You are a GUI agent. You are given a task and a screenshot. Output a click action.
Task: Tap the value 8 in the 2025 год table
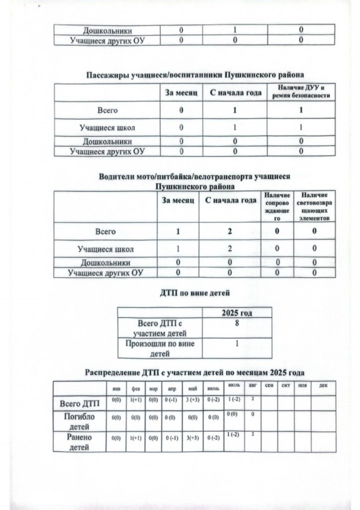click(237, 324)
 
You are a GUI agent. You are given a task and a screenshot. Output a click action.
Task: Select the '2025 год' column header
click(237, 313)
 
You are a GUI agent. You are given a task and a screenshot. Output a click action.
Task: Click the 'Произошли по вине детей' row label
click(160, 348)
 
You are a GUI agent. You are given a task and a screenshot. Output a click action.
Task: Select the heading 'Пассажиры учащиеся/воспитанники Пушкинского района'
click(194, 75)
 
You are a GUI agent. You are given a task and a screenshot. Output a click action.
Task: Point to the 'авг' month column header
click(253, 386)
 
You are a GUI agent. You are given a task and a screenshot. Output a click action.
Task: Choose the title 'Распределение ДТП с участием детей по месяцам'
click(195, 372)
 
